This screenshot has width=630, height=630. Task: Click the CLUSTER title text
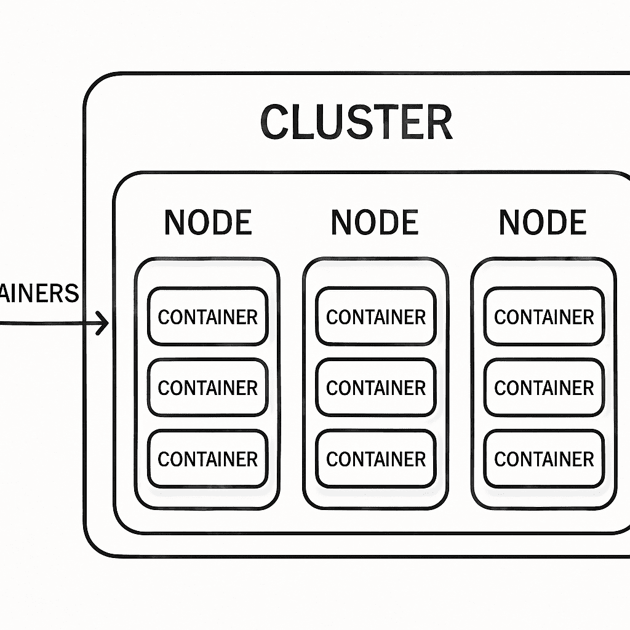(356, 122)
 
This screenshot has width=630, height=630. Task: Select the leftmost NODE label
(208, 222)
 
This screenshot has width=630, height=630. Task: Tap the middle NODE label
(375, 222)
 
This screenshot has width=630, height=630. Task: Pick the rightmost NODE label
(543, 222)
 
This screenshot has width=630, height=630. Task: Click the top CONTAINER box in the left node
(208, 317)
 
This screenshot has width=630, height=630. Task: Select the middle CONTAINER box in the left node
(208, 388)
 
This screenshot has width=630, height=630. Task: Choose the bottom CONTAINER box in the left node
(208, 458)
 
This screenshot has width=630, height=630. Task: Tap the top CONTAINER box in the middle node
(376, 317)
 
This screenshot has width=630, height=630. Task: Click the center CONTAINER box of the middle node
(376, 388)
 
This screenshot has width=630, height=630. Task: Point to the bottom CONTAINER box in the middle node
(376, 458)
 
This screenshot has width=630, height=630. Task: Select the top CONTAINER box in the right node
(544, 317)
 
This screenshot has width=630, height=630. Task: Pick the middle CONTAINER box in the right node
(544, 388)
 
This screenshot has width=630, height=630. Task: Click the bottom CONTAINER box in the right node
(544, 458)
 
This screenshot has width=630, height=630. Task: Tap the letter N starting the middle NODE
(342, 222)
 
